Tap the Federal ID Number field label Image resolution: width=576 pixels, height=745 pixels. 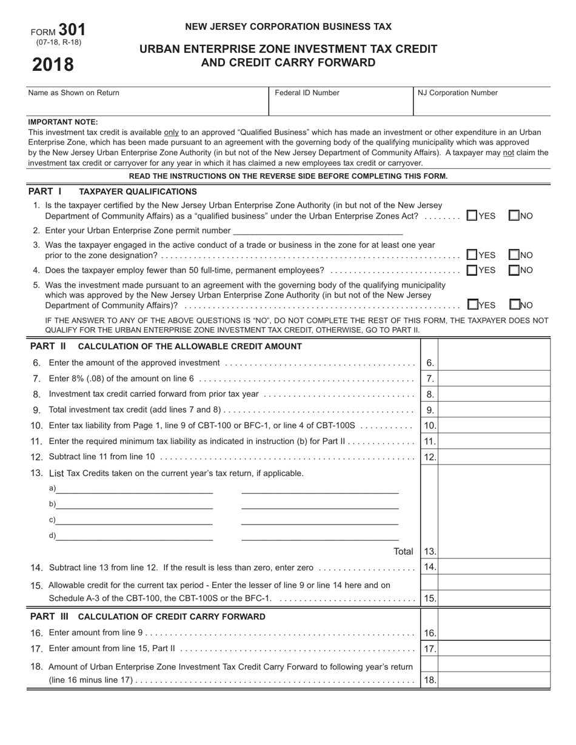[307, 93]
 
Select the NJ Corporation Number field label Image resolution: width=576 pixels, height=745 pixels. [458, 93]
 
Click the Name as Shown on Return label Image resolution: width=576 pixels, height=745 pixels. [74, 93]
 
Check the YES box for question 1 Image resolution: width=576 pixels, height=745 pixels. [471, 216]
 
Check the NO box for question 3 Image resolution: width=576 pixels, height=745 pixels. [514, 255]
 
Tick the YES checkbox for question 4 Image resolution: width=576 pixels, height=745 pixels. [471, 270]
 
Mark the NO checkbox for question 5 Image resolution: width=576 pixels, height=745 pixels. [514, 305]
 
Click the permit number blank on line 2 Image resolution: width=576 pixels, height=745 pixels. [317, 231]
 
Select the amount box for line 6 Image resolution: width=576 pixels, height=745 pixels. [494, 363]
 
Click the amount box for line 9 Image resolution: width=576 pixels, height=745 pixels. [494, 410]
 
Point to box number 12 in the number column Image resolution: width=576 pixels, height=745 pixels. [429, 457]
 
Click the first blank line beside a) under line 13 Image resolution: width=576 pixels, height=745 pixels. [135, 489]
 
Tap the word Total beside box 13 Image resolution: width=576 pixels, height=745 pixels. [403, 552]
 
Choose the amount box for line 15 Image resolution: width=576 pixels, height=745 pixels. [494, 598]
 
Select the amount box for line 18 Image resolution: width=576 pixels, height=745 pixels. [494, 680]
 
